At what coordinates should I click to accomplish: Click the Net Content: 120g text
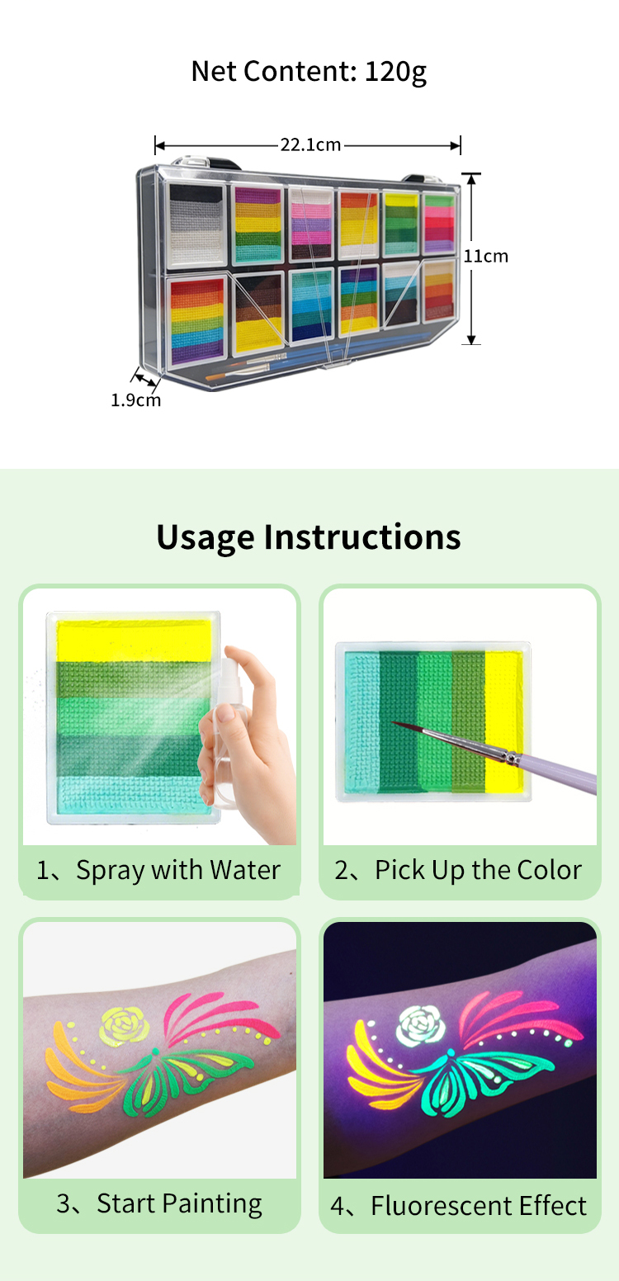[309, 73]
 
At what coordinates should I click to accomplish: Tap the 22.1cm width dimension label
[309, 145]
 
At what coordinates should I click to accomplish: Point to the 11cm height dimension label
[485, 256]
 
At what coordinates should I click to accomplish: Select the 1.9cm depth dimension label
[135, 401]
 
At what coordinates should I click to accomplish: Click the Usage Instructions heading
[309, 537]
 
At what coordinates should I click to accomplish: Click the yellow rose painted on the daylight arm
[124, 1025]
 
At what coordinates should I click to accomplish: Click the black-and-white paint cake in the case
[196, 224]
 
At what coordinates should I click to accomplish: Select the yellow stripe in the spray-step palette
[136, 640]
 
